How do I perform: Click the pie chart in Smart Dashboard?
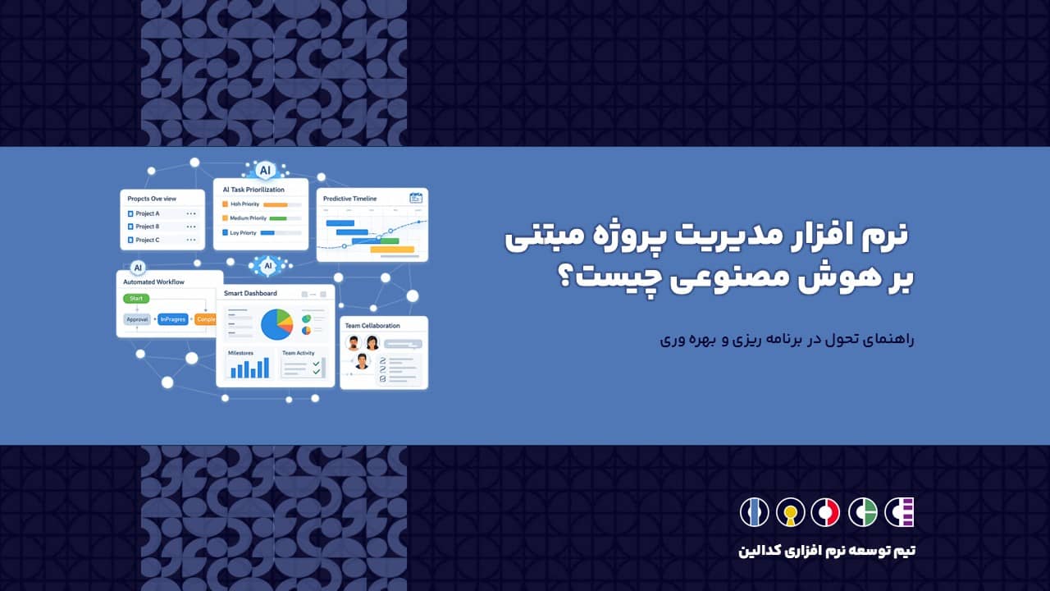point(276,324)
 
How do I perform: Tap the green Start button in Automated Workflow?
point(136,299)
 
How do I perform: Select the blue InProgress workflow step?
point(173,319)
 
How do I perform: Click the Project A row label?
point(148,213)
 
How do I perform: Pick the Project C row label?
point(148,240)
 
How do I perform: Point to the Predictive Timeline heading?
point(349,199)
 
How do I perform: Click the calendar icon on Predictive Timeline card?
point(416,198)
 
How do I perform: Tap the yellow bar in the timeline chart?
point(392,249)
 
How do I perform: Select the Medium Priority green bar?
point(278,218)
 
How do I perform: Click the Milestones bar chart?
point(249,369)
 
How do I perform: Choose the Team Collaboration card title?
point(372,326)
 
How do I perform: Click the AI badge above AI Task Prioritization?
point(264,171)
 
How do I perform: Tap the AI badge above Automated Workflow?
point(138,268)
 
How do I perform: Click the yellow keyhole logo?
point(790,512)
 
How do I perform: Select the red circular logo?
point(825,512)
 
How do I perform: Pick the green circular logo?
point(862,512)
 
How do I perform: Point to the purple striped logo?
point(898,512)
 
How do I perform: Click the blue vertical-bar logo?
point(754,512)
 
